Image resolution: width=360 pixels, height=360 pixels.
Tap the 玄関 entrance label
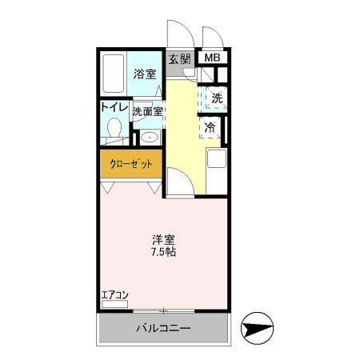point(180,58)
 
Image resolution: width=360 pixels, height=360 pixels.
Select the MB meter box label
point(212,58)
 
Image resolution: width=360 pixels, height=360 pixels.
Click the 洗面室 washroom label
point(148,111)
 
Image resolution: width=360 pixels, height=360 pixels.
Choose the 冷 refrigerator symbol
point(210,127)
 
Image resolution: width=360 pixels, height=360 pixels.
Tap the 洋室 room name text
point(164,238)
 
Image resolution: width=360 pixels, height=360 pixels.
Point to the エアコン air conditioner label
point(114,294)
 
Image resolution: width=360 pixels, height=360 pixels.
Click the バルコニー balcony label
point(162,329)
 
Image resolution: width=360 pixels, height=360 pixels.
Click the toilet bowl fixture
point(114,129)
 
